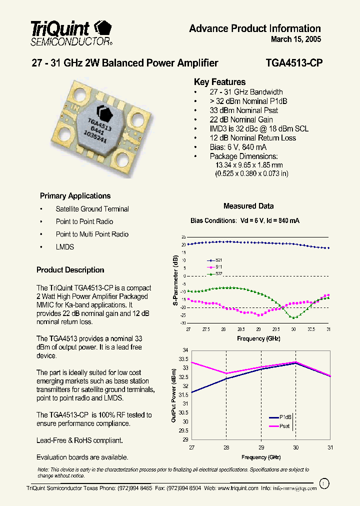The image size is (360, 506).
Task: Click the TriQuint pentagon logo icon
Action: [x=103, y=27]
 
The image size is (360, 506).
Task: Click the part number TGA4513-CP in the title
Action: [x=294, y=63]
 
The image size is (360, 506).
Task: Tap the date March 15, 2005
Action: [x=296, y=39]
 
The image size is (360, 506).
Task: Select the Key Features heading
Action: [x=219, y=82]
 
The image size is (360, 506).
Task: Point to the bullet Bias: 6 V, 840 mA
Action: [x=238, y=147]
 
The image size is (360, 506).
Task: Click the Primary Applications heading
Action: [x=75, y=196]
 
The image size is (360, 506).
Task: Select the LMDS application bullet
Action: [x=65, y=247]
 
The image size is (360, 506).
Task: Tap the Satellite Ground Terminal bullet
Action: [x=92, y=209]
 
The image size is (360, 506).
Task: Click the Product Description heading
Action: [x=70, y=270]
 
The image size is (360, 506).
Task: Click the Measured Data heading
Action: [x=248, y=206]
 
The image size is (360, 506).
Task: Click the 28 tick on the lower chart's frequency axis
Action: [x=226, y=447]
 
